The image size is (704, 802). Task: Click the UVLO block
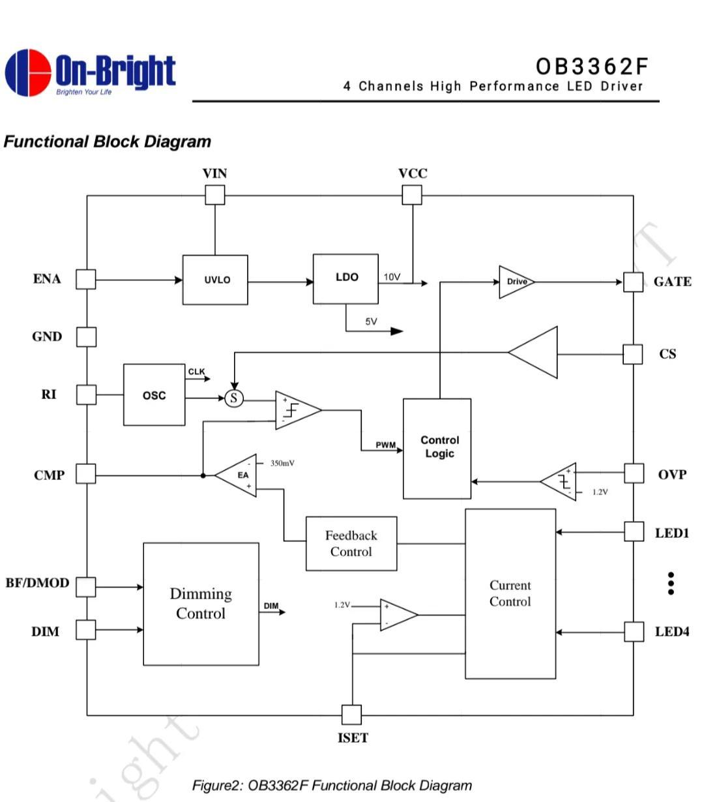pyautogui.click(x=215, y=280)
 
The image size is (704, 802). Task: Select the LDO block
pyautogui.click(x=345, y=278)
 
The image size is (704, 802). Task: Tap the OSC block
pyautogui.click(x=154, y=395)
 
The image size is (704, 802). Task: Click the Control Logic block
pyautogui.click(x=437, y=448)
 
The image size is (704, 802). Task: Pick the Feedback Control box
pyautogui.click(x=351, y=543)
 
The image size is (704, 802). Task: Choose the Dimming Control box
pyautogui.click(x=201, y=603)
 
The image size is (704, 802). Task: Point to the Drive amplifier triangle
pyautogui.click(x=516, y=282)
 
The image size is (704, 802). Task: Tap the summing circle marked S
pyautogui.click(x=234, y=398)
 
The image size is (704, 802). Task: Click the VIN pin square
pyautogui.click(x=215, y=195)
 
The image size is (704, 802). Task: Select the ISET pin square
pyautogui.click(x=351, y=715)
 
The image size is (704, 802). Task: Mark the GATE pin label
pyautogui.click(x=673, y=282)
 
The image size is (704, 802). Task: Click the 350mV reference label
pyautogui.click(x=282, y=463)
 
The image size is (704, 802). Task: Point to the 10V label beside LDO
pyautogui.click(x=392, y=277)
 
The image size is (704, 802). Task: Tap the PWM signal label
pyautogui.click(x=385, y=445)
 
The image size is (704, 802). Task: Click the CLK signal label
pyautogui.click(x=196, y=372)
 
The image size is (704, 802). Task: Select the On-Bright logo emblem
pyautogui.click(x=28, y=72)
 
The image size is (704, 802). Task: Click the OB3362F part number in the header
pyautogui.click(x=592, y=67)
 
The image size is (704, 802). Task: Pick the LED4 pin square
pyautogui.click(x=634, y=632)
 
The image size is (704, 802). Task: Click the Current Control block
pyautogui.click(x=510, y=593)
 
